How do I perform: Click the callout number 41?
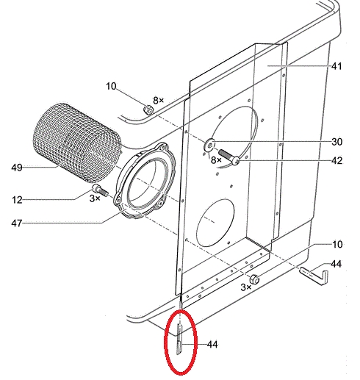tap(336, 66)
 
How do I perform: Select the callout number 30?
tap(336, 142)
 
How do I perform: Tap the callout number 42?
tap(336, 160)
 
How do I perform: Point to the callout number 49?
tap(17, 168)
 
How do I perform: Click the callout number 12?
tap(17, 200)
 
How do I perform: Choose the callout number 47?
tap(17, 223)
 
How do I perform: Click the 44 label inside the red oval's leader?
tap(212, 345)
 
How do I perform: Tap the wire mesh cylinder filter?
tap(76, 143)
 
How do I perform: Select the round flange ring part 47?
tap(145, 180)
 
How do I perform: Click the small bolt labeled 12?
tap(101, 190)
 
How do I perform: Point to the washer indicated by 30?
tap(209, 145)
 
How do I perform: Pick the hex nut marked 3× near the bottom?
tap(254, 279)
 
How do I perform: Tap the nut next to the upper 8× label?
tap(148, 109)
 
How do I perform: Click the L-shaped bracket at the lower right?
tap(314, 276)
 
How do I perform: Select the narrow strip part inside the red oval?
tap(179, 339)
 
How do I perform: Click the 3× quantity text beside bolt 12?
tap(95, 198)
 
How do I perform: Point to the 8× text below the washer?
tap(216, 160)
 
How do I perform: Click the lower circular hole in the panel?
tap(215, 223)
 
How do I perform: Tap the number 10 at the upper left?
tap(111, 86)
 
